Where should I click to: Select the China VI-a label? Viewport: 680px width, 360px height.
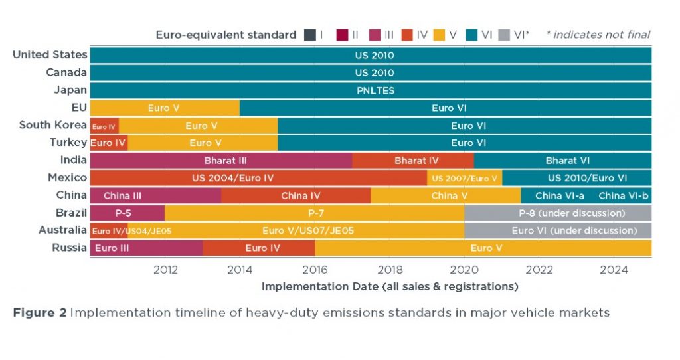[559, 195]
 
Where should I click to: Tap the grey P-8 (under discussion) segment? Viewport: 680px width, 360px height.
[558, 213]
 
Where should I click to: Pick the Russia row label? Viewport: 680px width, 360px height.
[69, 248]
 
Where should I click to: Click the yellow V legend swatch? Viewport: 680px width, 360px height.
[440, 35]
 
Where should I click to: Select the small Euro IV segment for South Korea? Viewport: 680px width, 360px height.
[104, 126]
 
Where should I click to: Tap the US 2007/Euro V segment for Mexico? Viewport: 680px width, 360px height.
[464, 178]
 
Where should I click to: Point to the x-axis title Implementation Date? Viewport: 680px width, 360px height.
[389, 287]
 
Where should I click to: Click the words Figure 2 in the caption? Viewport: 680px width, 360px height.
[39, 313]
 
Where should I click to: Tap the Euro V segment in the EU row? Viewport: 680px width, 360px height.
[165, 108]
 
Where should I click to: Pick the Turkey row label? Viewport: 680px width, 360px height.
[68, 142]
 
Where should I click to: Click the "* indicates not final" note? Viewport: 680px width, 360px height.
[598, 35]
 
